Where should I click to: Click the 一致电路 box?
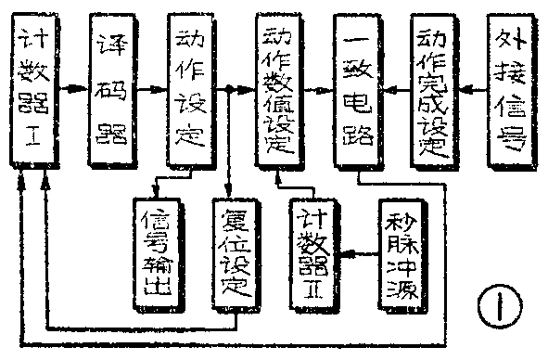[x=357, y=90]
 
